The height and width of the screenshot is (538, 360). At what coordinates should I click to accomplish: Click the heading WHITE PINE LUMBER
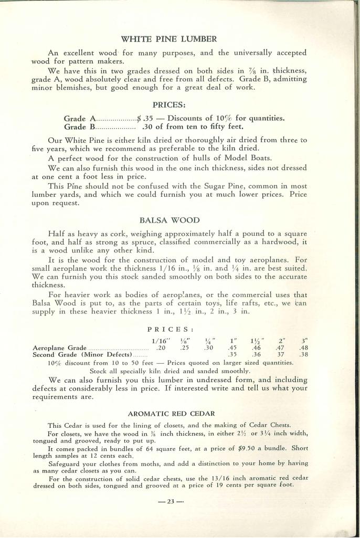pyautogui.click(x=169, y=39)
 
